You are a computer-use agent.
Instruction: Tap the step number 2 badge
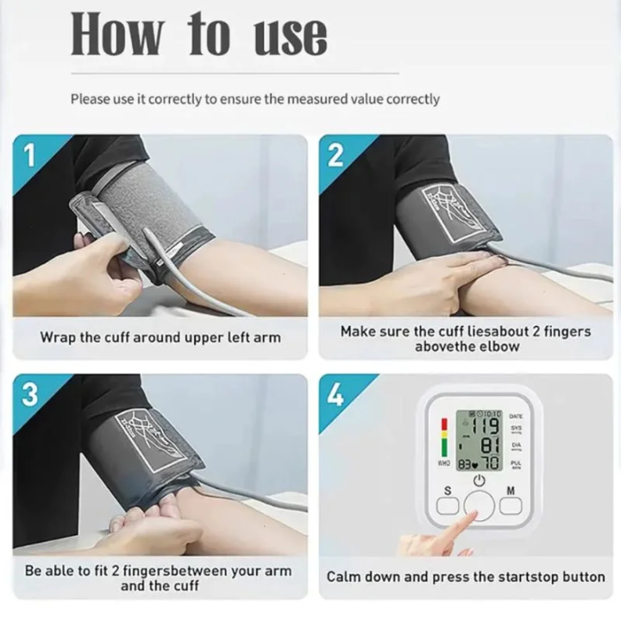click(336, 156)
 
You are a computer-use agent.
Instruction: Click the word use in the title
click(291, 35)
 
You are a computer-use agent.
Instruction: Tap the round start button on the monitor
click(480, 505)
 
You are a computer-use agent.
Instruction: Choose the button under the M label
click(511, 506)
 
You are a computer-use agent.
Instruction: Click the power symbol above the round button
click(480, 480)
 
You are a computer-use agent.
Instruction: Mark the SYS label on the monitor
click(517, 428)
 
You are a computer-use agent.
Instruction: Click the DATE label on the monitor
click(517, 416)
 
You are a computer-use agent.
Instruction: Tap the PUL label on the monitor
click(517, 463)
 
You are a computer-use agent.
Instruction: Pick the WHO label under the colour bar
click(443, 464)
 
